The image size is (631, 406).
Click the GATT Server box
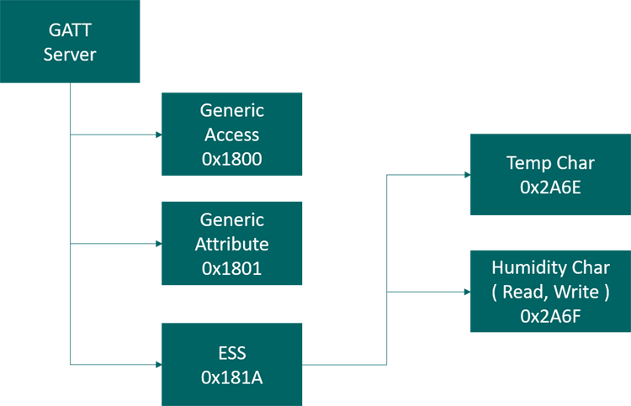click(70, 41)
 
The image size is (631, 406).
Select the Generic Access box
click(231, 134)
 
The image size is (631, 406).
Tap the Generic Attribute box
click(231, 244)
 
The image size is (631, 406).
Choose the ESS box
click(231, 366)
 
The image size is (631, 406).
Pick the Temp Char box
click(550, 174)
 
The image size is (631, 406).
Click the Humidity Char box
click(550, 291)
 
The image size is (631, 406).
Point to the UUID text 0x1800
click(231, 159)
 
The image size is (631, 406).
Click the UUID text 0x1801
click(231, 268)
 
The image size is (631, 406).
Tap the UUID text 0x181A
click(231, 378)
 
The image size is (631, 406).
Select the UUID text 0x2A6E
click(550, 187)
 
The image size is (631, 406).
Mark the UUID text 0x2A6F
click(550, 316)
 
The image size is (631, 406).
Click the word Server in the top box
click(70, 55)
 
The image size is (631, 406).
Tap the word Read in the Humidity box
click(523, 292)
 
